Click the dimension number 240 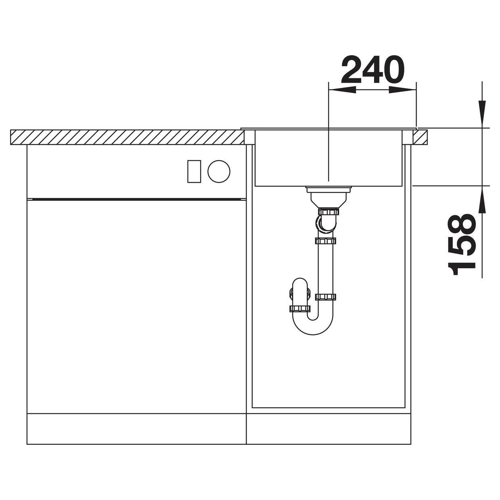point(373,69)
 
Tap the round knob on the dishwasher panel point(219,171)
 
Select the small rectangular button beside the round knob point(194,171)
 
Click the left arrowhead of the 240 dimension point(342,90)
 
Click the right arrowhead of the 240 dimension point(402,90)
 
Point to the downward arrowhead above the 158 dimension point(482,114)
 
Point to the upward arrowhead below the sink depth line point(482,200)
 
